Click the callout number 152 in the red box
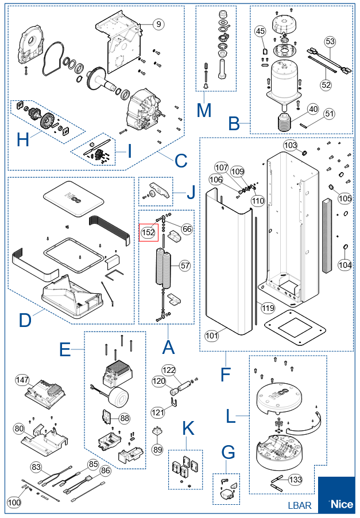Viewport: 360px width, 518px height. click(148, 232)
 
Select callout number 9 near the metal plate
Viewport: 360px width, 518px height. click(158, 24)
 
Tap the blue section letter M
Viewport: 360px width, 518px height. click(204, 111)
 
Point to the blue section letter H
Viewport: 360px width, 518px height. click(23, 140)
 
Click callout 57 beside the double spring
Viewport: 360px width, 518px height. click(185, 265)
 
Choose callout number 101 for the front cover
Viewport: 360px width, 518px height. click(212, 336)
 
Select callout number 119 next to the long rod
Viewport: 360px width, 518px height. click(268, 308)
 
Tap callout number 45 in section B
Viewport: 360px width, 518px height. click(260, 31)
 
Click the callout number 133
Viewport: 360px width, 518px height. click(295, 480)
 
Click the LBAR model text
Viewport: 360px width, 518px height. click(300, 505)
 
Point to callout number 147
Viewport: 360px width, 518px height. click(22, 380)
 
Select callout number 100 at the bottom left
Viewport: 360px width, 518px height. click(14, 503)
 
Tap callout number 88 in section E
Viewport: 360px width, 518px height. click(125, 418)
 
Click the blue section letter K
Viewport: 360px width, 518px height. click(188, 429)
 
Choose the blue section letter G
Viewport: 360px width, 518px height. click(228, 452)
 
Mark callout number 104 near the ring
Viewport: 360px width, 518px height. click(345, 264)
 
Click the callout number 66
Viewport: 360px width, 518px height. click(187, 229)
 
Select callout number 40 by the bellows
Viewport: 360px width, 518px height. click(313, 109)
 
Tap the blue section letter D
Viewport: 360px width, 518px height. click(25, 320)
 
